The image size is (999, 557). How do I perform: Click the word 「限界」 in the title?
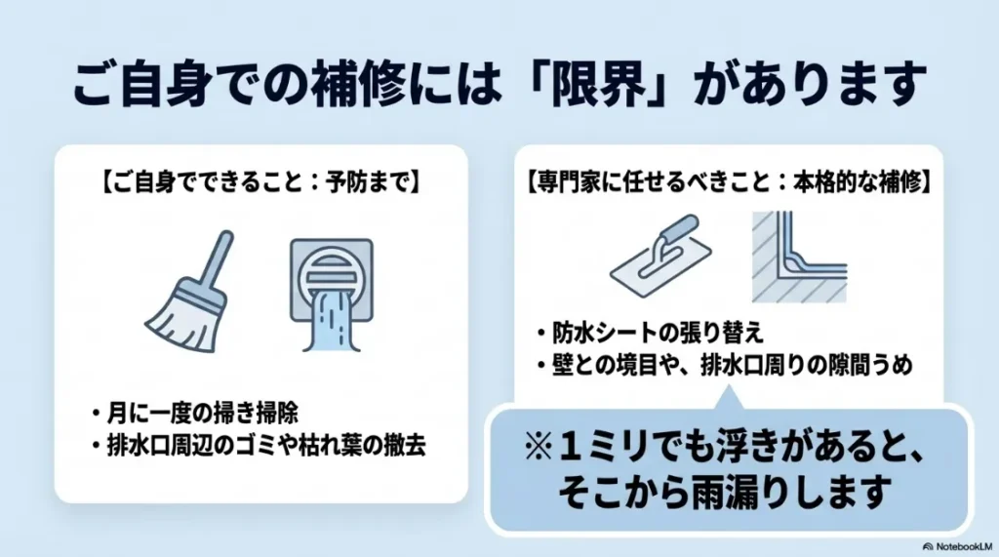pyautogui.click(x=612, y=86)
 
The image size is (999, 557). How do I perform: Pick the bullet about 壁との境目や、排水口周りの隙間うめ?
pyautogui.click(x=728, y=366)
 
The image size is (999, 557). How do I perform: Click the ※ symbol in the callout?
pyautogui.click(x=539, y=448)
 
